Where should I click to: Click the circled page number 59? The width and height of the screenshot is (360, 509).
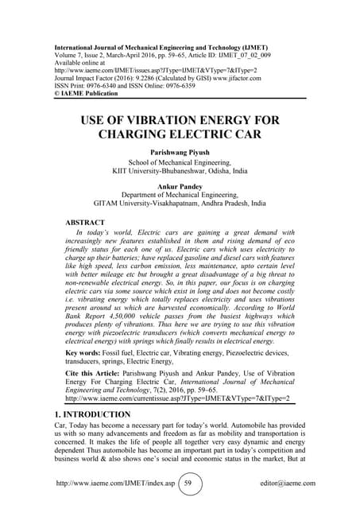[188, 483]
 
